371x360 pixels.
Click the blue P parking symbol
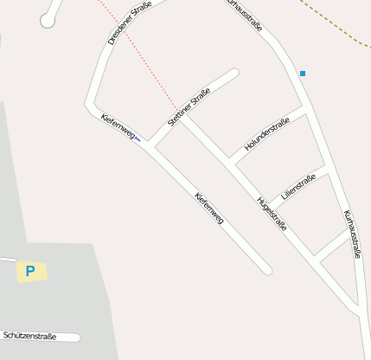tap(30, 271)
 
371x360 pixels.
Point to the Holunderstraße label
tap(266, 135)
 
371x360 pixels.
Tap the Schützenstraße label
tap(29, 335)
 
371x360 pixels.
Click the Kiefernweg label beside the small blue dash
tap(118, 126)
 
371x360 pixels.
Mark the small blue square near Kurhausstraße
tap(303, 74)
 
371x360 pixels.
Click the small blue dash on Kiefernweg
tap(138, 139)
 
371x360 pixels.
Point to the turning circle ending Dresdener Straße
tap(48, 19)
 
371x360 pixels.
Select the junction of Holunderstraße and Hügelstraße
tap(229, 162)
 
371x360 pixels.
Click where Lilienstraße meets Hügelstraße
tap(267, 202)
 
